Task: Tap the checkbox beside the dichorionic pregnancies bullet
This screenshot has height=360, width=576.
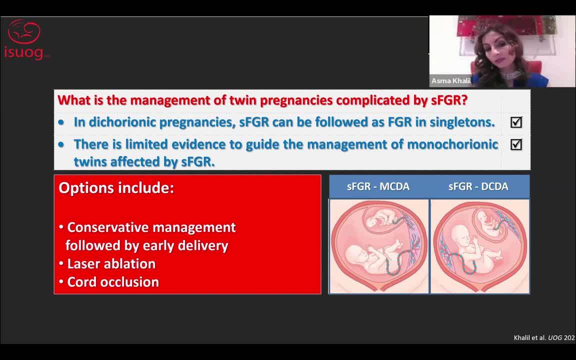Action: (x=516, y=122)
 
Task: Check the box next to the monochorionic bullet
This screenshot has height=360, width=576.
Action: (x=516, y=144)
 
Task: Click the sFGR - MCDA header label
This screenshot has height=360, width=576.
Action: (x=378, y=186)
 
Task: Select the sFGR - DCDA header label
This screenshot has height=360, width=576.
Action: (x=478, y=186)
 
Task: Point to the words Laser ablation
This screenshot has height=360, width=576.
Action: (x=111, y=264)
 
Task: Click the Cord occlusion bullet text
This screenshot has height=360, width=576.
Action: (x=113, y=282)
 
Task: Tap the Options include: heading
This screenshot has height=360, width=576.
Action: (x=116, y=187)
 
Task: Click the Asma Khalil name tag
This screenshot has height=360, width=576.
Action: (x=450, y=81)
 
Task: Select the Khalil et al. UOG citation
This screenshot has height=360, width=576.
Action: (x=544, y=337)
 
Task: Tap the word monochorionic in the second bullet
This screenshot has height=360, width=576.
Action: (x=452, y=144)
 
